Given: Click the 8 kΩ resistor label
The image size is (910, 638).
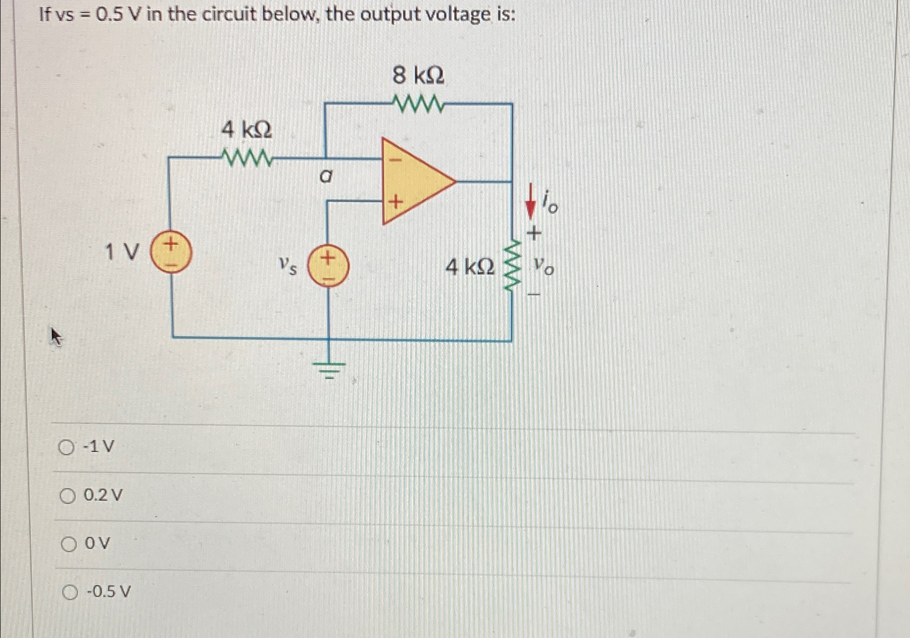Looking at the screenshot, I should click(418, 76).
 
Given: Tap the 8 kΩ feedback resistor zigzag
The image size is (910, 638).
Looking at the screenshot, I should click(418, 104).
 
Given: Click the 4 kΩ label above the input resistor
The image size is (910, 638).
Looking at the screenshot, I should click(246, 130).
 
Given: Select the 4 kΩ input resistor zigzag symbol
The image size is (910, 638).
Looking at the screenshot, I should click(246, 158).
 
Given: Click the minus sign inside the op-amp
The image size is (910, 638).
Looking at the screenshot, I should click(397, 159).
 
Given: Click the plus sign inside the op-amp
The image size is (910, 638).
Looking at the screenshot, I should click(396, 201).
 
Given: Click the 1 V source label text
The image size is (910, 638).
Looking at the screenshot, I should click(122, 253).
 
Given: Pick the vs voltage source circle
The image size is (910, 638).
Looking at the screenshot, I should click(328, 268).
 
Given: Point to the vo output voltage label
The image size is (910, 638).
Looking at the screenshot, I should click(544, 268).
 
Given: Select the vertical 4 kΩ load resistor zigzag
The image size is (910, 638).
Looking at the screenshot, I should click(513, 267).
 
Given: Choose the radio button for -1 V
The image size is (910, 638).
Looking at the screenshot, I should click(67, 447).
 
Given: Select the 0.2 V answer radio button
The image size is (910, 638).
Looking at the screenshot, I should click(68, 497).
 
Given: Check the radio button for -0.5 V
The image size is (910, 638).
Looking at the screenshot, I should click(70, 593).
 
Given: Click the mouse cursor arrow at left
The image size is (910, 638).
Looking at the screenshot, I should click(57, 337).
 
